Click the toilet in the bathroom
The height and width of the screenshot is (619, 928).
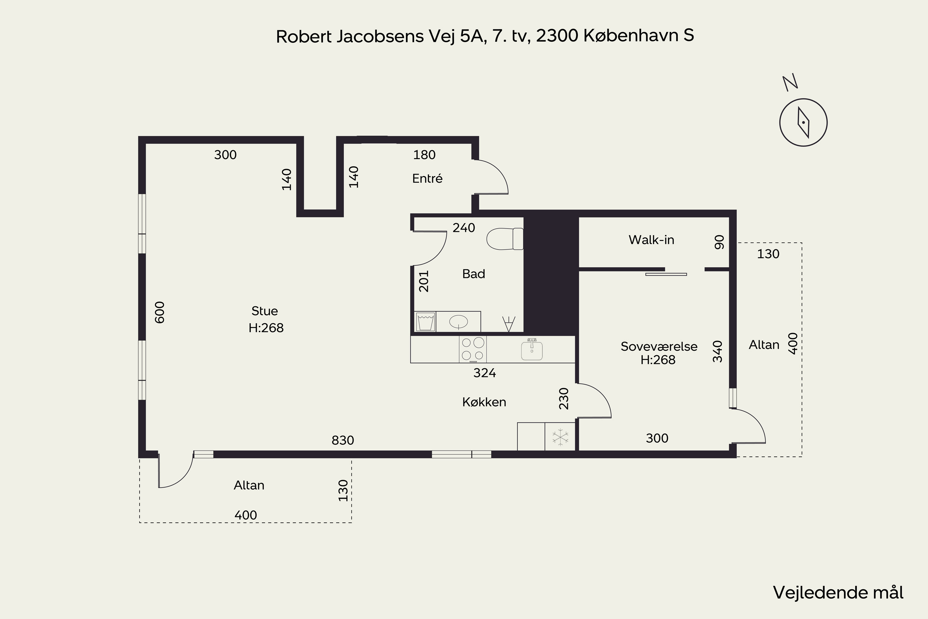(x=505, y=239)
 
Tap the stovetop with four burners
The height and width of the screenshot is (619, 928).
(x=473, y=349)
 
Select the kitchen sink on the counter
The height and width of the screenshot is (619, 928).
(x=532, y=349)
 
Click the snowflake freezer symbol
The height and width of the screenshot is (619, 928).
(x=560, y=437)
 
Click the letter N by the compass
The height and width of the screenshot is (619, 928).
(x=790, y=83)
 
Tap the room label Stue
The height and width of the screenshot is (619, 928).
(x=265, y=311)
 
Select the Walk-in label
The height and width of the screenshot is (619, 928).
(x=651, y=240)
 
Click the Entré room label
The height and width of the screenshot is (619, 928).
(x=427, y=179)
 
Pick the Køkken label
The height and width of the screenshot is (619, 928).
(x=484, y=402)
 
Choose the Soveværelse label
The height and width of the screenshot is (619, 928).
(x=659, y=346)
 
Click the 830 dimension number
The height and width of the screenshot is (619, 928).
(x=343, y=440)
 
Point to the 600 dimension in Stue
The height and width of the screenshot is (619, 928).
(x=159, y=312)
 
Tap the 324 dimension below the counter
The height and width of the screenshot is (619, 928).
(x=484, y=373)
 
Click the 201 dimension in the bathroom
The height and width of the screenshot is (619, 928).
(x=424, y=281)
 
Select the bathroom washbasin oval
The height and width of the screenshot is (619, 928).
(x=458, y=322)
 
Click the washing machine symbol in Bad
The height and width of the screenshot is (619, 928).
(x=426, y=322)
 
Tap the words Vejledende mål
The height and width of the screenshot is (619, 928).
(x=838, y=593)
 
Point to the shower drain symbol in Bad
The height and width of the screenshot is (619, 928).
(x=509, y=324)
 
